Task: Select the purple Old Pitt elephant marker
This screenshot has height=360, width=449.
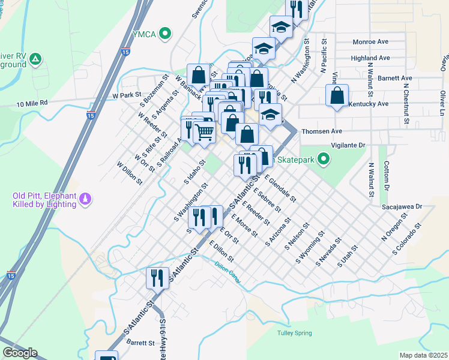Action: (85, 197)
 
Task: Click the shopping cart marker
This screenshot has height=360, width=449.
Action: (205, 131)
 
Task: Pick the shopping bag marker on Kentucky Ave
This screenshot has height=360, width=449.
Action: (338, 95)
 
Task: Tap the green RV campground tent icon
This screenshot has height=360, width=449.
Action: (35, 59)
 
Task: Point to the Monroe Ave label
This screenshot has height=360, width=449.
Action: (372, 42)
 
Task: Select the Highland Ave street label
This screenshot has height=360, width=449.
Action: (370, 58)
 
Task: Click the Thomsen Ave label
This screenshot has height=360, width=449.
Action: (321, 131)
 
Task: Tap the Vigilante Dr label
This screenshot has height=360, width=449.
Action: (348, 145)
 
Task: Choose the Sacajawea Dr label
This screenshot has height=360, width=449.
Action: (402, 206)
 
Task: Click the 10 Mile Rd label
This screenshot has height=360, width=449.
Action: (32, 104)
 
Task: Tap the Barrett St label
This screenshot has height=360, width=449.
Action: (141, 343)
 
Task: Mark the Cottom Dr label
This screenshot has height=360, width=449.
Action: (387, 179)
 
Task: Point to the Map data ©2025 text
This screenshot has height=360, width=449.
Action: (423, 355)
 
